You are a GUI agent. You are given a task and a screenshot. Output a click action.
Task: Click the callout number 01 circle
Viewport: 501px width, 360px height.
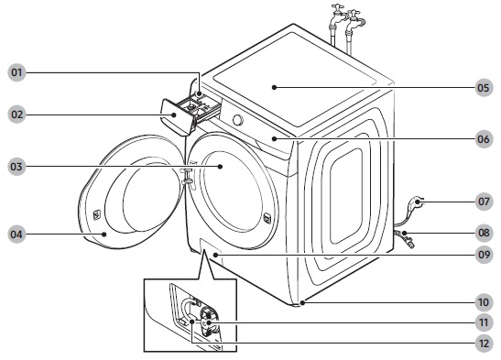pyautogui.click(x=16, y=72)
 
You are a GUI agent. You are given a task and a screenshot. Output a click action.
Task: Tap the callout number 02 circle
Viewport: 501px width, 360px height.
pyautogui.click(x=16, y=115)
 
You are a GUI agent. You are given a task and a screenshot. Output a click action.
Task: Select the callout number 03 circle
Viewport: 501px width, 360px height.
pyautogui.click(x=16, y=167)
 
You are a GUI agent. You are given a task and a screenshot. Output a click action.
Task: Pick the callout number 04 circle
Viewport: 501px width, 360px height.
pyautogui.click(x=16, y=235)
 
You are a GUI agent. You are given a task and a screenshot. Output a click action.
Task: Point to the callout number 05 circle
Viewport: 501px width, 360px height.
pyautogui.click(x=484, y=88)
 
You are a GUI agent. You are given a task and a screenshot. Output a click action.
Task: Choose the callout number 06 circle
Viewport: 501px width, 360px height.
pyautogui.click(x=484, y=139)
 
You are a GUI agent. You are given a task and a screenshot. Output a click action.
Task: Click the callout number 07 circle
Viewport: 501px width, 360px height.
pyautogui.click(x=484, y=202)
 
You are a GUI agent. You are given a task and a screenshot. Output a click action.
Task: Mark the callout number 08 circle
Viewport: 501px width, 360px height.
pyautogui.click(x=484, y=233)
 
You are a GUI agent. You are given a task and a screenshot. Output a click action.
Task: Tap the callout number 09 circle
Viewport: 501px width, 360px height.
pyautogui.click(x=484, y=255)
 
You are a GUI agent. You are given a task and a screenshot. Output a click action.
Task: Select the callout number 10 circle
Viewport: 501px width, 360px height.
pyautogui.click(x=484, y=302)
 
